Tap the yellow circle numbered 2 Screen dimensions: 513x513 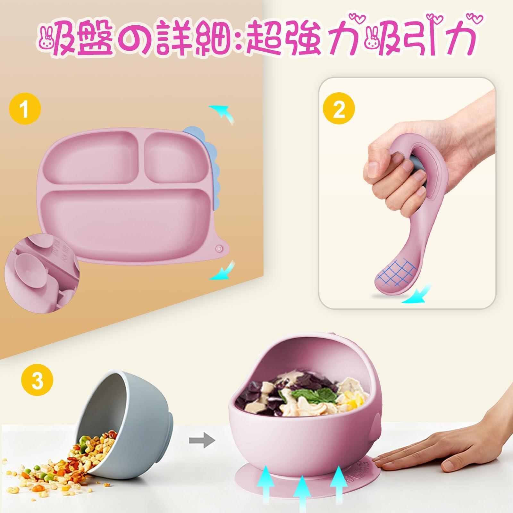339,110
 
